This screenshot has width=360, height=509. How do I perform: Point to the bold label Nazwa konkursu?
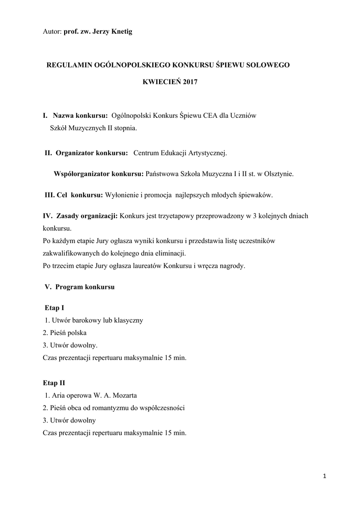coord(80,115)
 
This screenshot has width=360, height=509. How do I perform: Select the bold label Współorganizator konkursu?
coord(98,174)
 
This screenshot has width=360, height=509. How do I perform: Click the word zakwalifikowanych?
coord(72,253)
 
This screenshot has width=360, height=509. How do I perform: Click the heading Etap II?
coord(55,383)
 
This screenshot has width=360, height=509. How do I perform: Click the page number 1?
coord(324,477)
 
